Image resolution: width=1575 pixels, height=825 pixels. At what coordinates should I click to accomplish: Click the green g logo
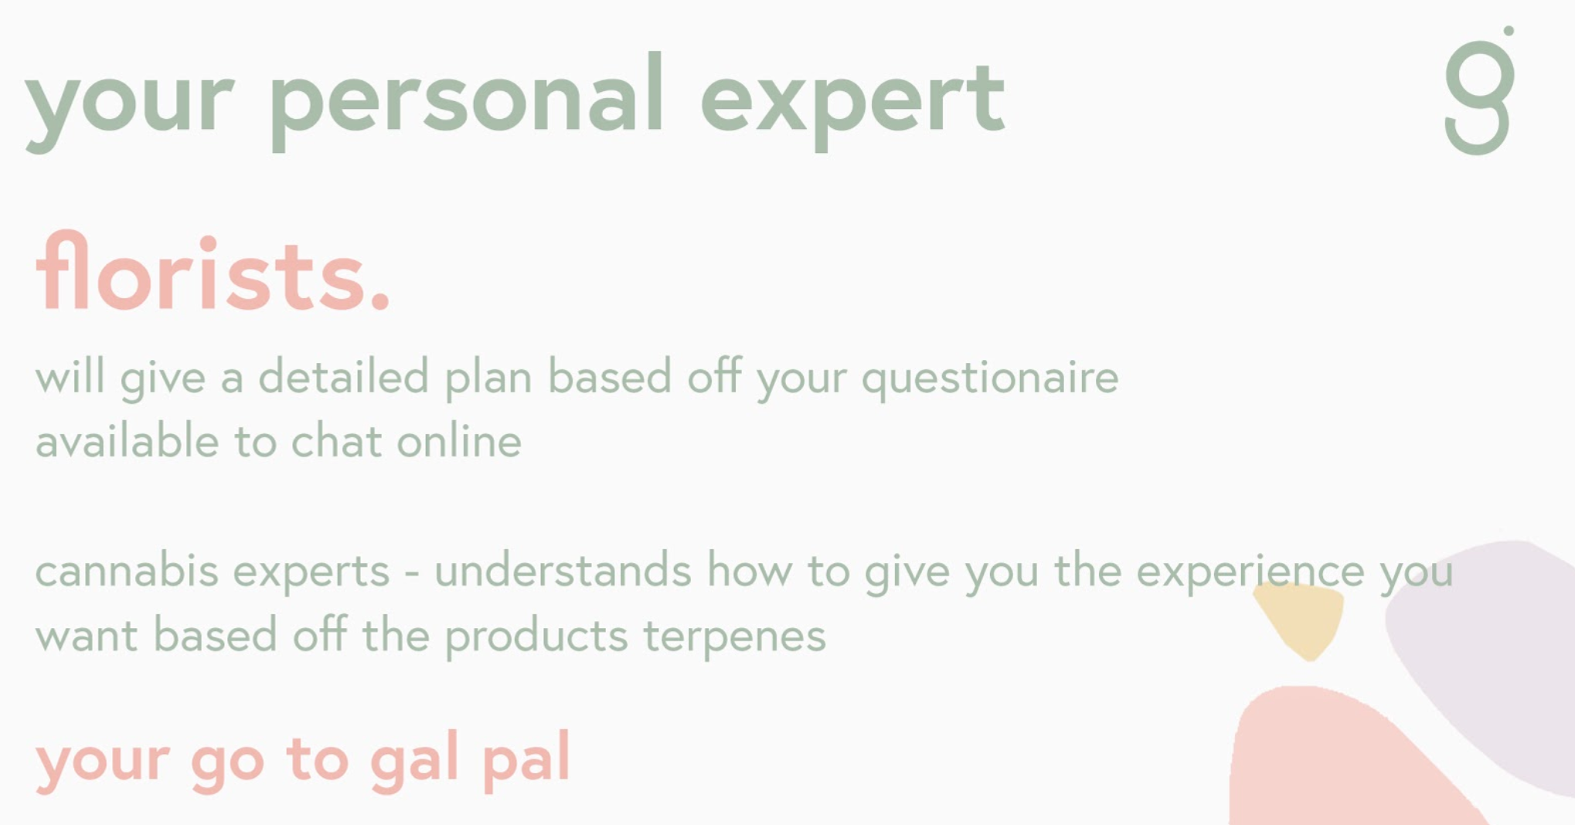(1480, 90)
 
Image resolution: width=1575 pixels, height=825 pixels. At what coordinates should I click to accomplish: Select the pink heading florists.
(213, 271)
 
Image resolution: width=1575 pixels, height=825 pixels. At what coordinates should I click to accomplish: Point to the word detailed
(342, 376)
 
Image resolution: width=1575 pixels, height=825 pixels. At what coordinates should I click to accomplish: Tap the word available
(127, 441)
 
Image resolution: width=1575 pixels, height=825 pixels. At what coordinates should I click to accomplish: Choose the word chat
(336, 441)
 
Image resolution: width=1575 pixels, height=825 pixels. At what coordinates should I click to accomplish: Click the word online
(459, 441)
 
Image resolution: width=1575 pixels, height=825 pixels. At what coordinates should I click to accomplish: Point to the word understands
(563, 571)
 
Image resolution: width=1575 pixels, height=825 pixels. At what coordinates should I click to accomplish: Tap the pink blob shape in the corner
(1337, 761)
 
